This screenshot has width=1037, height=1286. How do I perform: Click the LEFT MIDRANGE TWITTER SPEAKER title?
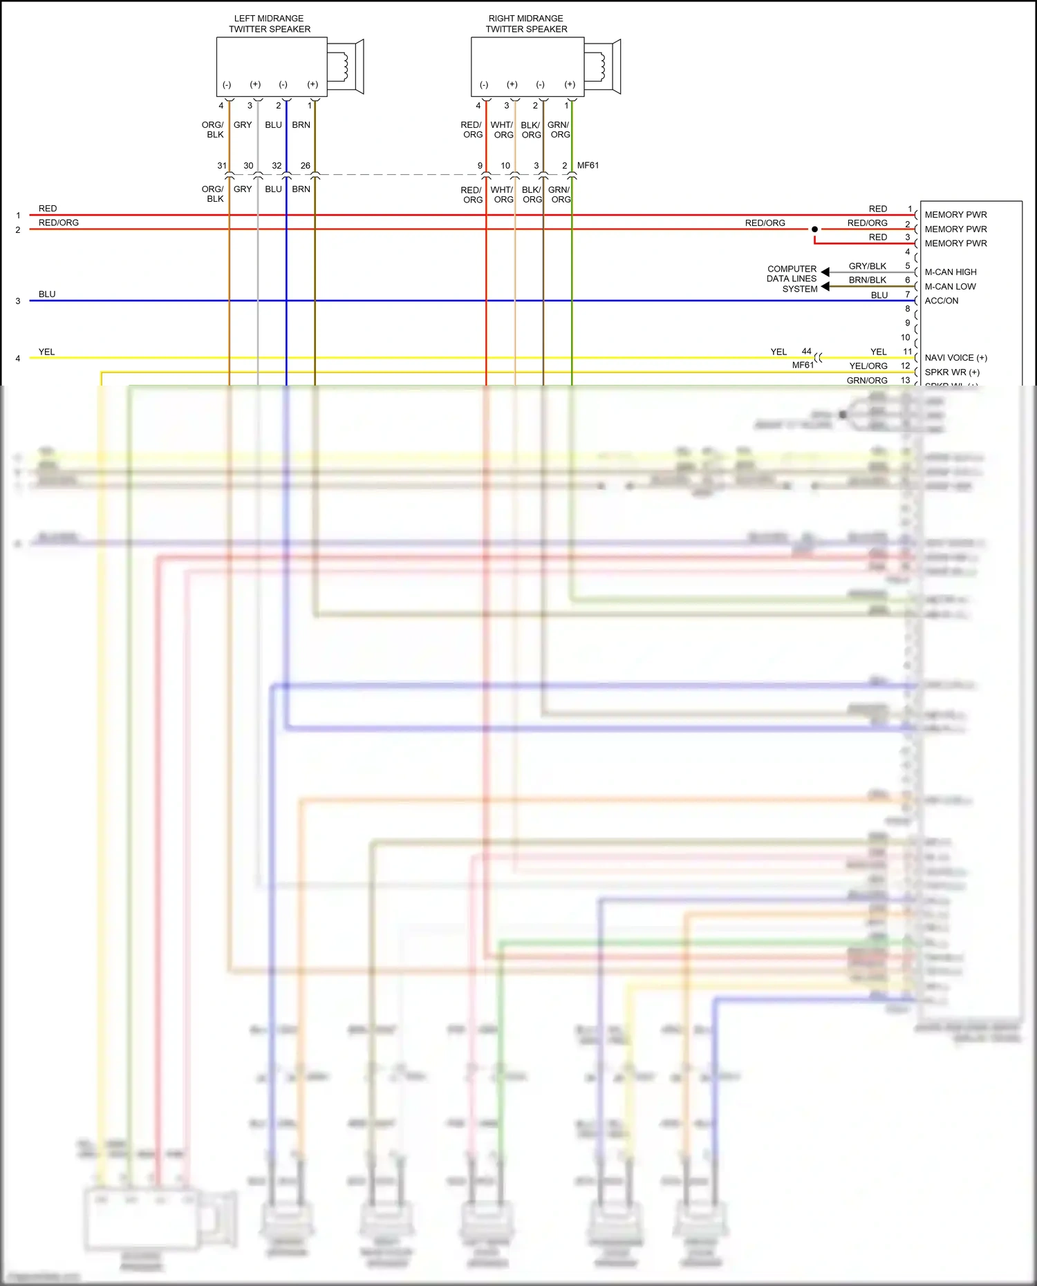(269, 23)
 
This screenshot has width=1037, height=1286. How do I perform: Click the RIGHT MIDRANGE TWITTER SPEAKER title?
(526, 23)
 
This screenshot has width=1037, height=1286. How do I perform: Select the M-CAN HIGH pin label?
(951, 272)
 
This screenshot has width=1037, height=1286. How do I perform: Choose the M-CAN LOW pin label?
(951, 287)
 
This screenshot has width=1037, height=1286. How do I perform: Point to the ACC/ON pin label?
(942, 301)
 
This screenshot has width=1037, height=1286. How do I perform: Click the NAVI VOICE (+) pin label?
(956, 358)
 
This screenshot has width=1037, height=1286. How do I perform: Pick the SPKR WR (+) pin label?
(952, 372)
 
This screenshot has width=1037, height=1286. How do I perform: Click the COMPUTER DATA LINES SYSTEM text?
(792, 279)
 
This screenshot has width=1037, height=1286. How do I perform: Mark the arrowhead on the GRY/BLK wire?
(825, 272)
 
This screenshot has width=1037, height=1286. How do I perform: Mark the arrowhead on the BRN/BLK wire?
(825, 287)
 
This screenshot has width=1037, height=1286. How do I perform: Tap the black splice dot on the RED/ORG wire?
(814, 229)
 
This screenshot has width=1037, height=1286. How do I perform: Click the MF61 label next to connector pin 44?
(803, 366)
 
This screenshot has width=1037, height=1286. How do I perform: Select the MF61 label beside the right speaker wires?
(588, 166)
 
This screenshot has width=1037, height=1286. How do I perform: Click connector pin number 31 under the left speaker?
(222, 166)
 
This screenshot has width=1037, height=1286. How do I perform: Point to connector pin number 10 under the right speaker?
(505, 166)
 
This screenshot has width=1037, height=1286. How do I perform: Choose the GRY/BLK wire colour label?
(868, 266)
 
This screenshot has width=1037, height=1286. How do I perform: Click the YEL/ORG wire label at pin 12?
(868, 366)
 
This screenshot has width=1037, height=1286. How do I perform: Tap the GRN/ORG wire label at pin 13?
(867, 381)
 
